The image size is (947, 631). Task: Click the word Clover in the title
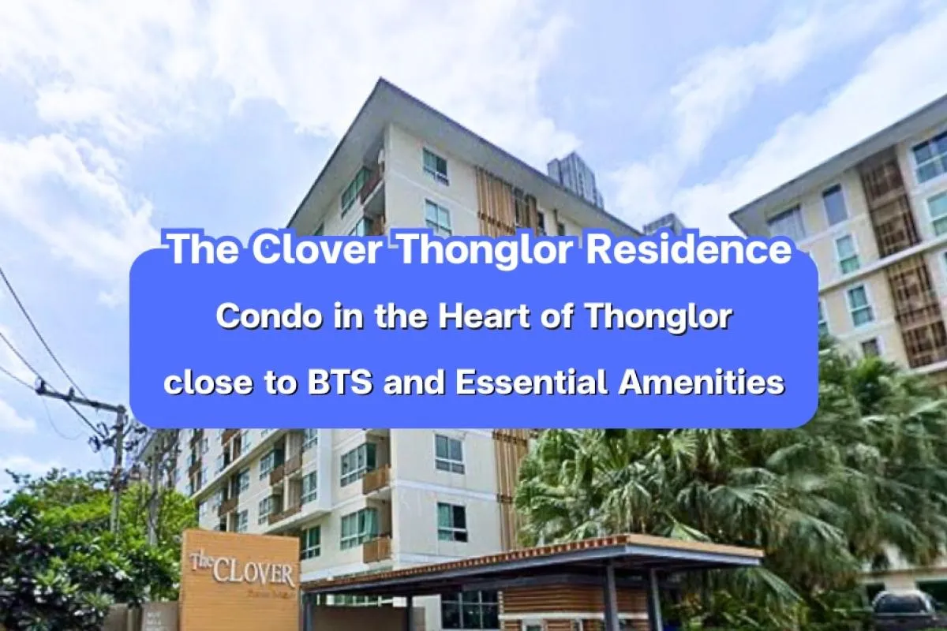pyautogui.click(x=319, y=249)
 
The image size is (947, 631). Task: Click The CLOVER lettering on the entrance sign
pyautogui.click(x=242, y=569)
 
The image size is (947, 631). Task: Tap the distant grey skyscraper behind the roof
pyautogui.click(x=575, y=177)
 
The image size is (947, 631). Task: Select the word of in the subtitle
pyautogui.click(x=567, y=317)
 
